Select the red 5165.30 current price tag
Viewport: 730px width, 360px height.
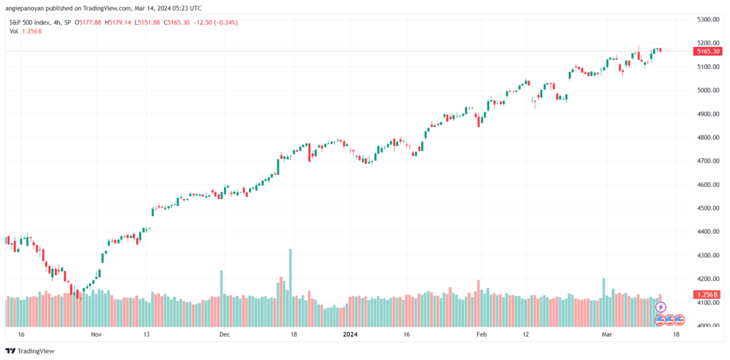click(x=707, y=51)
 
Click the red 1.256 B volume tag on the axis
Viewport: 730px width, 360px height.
click(x=707, y=294)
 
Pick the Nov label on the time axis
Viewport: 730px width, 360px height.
click(x=96, y=334)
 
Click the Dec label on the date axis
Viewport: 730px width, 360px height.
click(x=225, y=334)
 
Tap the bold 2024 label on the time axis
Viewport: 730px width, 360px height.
click(x=349, y=334)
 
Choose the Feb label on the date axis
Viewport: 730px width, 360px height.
click(x=481, y=334)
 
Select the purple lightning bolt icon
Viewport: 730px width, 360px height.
click(x=661, y=307)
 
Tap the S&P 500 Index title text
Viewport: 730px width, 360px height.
click(x=29, y=22)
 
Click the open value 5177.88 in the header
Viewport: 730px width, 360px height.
click(x=92, y=22)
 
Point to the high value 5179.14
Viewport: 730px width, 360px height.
click(x=119, y=22)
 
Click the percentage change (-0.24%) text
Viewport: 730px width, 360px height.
click(x=225, y=22)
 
